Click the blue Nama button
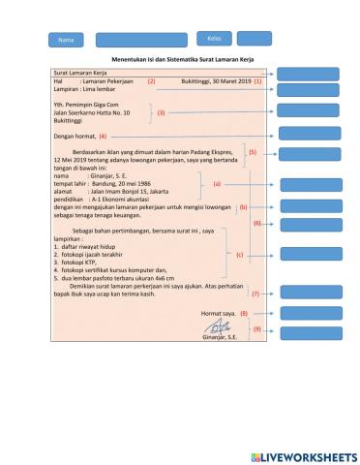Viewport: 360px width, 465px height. [66, 40]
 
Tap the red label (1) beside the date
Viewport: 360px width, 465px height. [257, 81]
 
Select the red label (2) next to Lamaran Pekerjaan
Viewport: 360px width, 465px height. [151, 81]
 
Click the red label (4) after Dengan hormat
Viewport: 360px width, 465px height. [103, 137]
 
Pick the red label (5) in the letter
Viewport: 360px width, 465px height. [253, 152]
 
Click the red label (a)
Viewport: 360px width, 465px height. [217, 183]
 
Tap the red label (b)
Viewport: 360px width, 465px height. [243, 206]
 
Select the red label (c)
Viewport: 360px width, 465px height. [240, 254]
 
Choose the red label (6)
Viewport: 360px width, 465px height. [257, 223]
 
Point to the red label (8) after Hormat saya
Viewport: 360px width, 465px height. [244, 313]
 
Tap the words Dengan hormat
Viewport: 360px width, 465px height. [74, 137]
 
